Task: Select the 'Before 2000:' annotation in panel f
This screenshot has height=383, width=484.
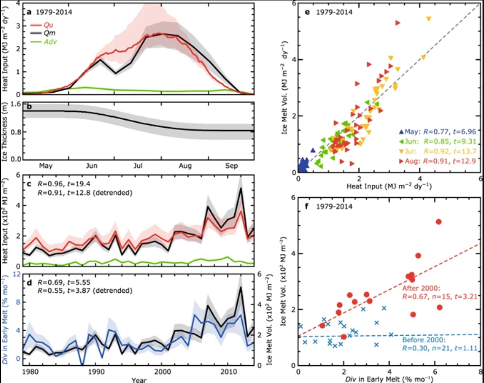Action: pyautogui.click(x=424, y=340)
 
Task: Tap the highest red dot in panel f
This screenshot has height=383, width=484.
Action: pyautogui.click(x=439, y=222)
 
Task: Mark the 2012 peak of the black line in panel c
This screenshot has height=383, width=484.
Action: pyautogui.click(x=241, y=188)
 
